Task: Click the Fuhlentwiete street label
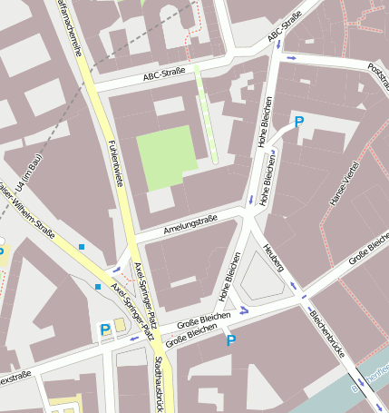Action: tap(115, 163)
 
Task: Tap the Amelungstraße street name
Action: tap(190, 223)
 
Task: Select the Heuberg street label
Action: tap(273, 258)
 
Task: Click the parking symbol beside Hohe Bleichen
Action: tap(298, 122)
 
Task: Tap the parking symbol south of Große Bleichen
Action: tap(230, 340)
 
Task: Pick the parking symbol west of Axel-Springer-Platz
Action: tap(105, 329)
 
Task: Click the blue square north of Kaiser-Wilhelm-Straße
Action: tap(82, 246)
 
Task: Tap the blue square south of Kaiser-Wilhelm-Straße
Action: tap(98, 287)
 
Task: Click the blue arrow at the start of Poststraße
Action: tap(292, 58)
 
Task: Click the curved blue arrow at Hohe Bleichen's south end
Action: tap(242, 310)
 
